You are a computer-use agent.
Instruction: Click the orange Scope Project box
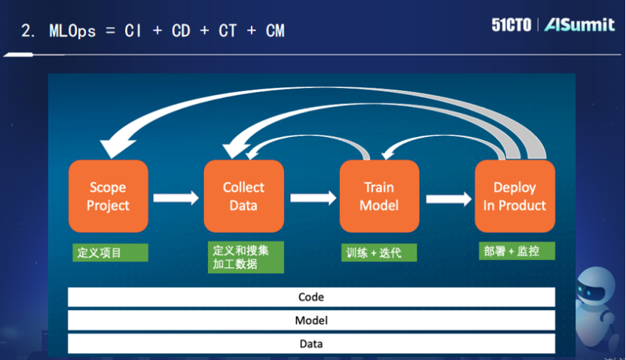tap(108, 196)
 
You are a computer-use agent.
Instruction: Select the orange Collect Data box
tap(243, 196)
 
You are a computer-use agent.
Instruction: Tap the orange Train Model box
tap(379, 196)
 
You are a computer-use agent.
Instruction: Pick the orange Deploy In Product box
tap(515, 196)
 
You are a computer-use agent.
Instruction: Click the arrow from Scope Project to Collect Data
tap(176, 198)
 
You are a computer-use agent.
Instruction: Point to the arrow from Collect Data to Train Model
tap(312, 198)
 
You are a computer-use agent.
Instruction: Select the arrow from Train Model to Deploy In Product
tap(447, 198)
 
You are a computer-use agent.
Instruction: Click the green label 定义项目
tap(110, 252)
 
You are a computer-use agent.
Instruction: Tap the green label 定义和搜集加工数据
tap(246, 257)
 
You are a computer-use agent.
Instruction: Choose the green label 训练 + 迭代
tap(378, 252)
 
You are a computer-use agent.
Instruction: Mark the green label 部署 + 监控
tap(517, 251)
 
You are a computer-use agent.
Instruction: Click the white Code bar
tap(311, 297)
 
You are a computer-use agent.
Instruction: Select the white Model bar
tap(311, 320)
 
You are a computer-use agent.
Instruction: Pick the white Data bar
tap(311, 343)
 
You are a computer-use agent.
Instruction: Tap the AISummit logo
tap(579, 25)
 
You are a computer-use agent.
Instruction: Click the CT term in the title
tap(227, 31)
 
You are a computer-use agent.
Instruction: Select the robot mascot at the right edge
tap(603, 301)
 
